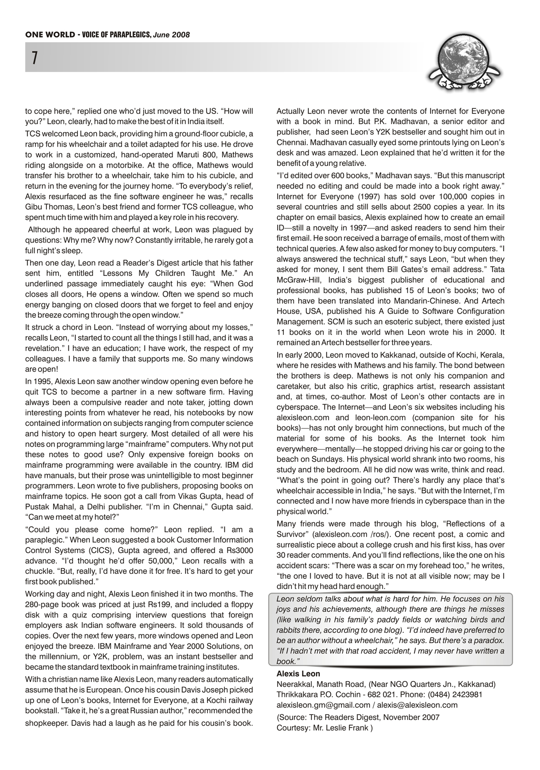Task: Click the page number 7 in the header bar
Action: (34, 59)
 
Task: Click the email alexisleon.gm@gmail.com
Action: (324, 705)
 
